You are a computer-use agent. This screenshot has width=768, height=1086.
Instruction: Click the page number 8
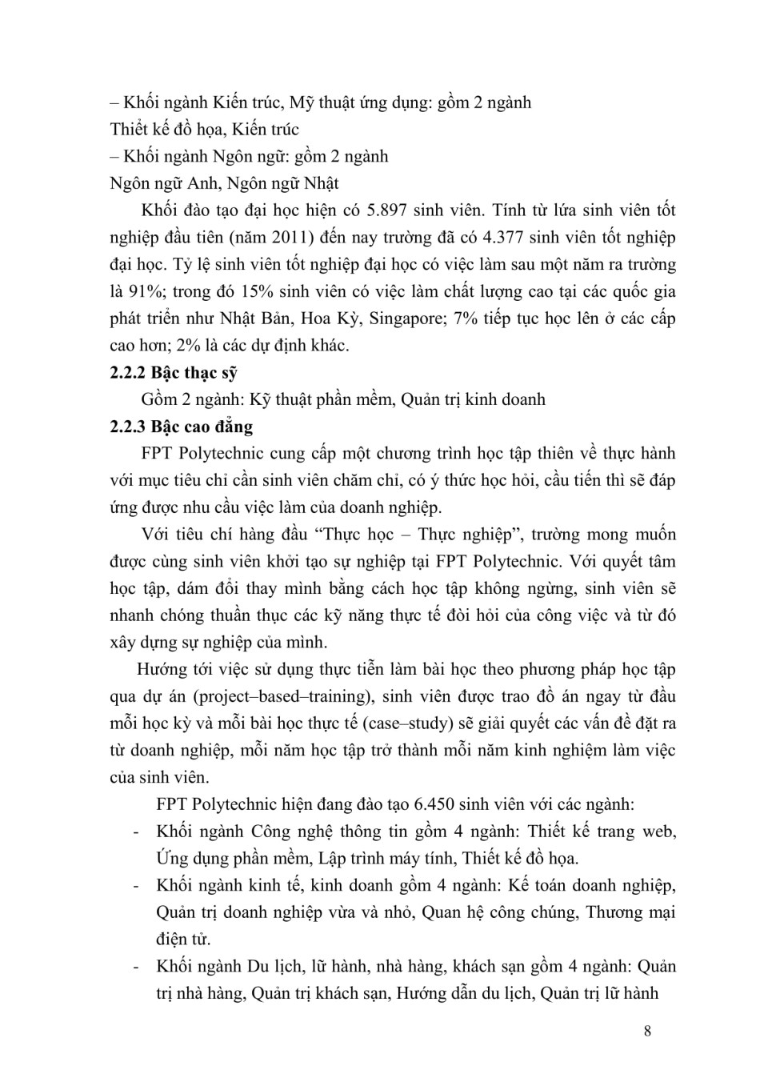[x=647, y=1031]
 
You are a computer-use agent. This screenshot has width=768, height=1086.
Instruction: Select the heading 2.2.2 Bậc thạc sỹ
[x=174, y=373]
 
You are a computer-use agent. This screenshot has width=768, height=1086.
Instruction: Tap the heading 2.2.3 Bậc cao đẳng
[x=181, y=427]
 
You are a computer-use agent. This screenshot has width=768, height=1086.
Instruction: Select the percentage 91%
[x=146, y=292]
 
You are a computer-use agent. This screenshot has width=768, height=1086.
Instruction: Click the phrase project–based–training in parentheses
[x=286, y=696]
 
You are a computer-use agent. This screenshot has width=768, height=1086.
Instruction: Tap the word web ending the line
[x=659, y=832]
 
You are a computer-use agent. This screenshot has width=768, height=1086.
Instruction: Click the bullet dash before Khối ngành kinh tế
[x=138, y=886]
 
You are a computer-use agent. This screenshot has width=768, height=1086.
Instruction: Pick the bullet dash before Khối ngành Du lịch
[x=138, y=967]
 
